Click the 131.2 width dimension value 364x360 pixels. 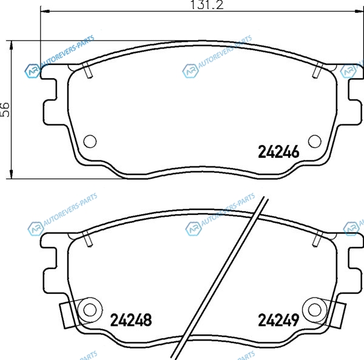tap(207, 5)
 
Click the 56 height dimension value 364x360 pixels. tap(5, 110)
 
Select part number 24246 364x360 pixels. tap(278, 152)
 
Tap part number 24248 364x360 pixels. tap(131, 320)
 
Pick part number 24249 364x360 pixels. tap(278, 320)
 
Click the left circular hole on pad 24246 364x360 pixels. tap(90, 141)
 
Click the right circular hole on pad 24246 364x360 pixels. tap(315, 141)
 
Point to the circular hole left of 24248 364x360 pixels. tap(90, 310)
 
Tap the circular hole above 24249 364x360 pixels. tap(315, 310)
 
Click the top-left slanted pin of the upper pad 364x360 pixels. tap(87, 70)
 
